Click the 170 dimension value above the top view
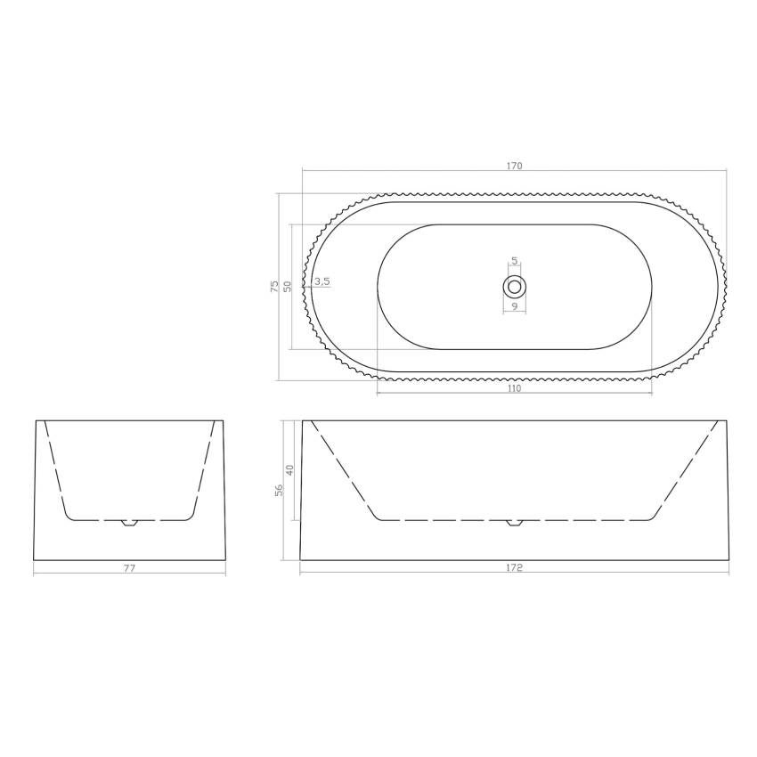514,166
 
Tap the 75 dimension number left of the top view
274,287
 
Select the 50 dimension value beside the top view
288,287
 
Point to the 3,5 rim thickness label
322,281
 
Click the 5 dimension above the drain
514,261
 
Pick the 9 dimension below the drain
514,306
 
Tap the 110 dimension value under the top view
514,388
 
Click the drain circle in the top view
514,286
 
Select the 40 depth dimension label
289,469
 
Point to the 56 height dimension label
279,491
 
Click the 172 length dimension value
514,567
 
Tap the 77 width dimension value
129,567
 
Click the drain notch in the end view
129,523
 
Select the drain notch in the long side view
514,523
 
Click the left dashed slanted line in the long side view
343,470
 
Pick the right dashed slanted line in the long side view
686,470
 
